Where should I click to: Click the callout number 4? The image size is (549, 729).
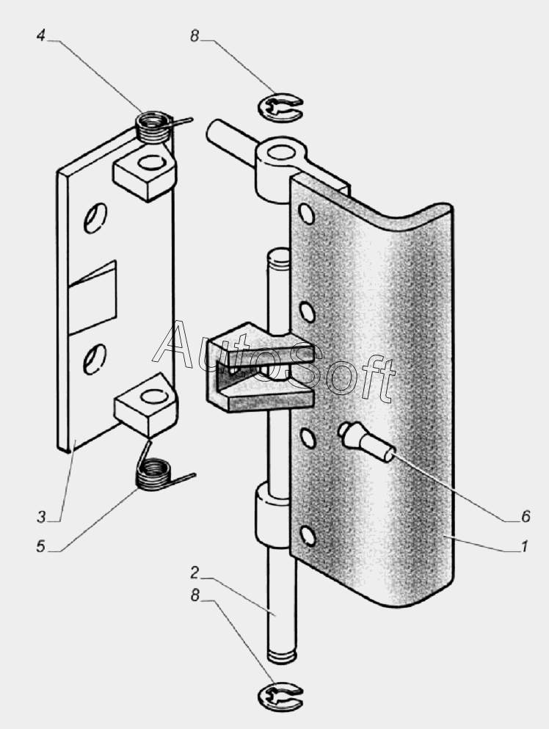[41, 35]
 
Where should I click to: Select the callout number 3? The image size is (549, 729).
[41, 517]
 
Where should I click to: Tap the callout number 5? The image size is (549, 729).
[41, 547]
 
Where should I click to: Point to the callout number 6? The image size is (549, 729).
[526, 517]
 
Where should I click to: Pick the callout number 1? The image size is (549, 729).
[524, 546]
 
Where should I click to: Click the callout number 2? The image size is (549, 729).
[194, 573]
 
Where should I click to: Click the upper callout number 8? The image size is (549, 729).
[194, 35]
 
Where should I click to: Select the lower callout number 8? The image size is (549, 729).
[194, 595]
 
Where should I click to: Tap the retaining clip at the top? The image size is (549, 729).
[280, 108]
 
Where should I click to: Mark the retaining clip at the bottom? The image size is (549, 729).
[280, 696]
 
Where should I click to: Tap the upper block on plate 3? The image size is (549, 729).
[145, 172]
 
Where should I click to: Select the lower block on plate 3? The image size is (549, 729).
[146, 405]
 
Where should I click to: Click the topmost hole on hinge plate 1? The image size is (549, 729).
[307, 214]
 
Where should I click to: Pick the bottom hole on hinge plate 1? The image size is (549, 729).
[308, 536]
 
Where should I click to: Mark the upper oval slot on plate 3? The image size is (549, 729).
[95, 217]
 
